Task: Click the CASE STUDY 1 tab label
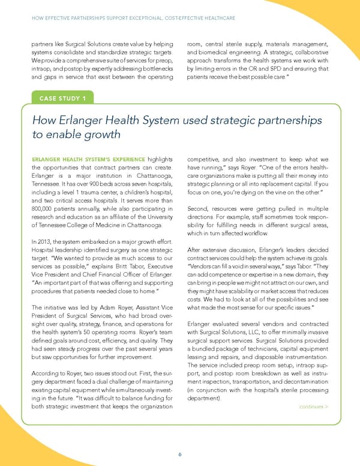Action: click(x=62, y=98)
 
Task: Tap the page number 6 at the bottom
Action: click(x=180, y=454)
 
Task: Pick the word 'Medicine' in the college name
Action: click(x=113, y=225)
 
